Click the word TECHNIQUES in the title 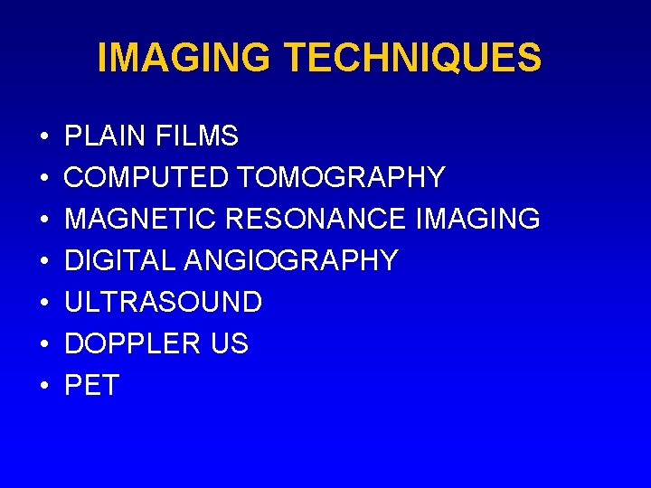412,58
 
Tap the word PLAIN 106,136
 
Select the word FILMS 197,136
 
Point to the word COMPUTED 146,178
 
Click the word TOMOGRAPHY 340,178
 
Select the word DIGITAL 120,261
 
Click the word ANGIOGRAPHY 291,261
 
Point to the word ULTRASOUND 164,303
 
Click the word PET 91,386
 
